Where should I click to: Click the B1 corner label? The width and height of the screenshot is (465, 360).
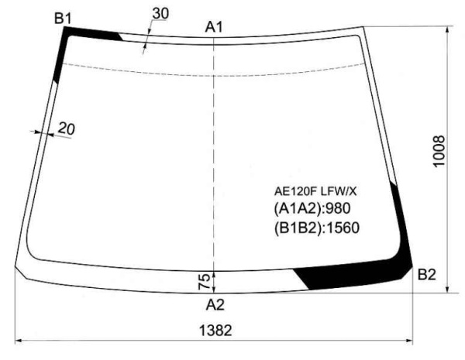(x=63, y=19)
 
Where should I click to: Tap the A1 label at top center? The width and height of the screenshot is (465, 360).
(x=214, y=27)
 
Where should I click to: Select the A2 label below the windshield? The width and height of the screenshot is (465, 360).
(x=215, y=304)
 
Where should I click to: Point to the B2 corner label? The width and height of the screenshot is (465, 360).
(x=427, y=275)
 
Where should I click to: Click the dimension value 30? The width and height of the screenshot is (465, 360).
(x=160, y=13)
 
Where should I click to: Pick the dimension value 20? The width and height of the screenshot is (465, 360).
(x=66, y=129)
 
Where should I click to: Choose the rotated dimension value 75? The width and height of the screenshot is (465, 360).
(x=204, y=282)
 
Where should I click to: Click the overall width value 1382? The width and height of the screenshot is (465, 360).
(x=215, y=331)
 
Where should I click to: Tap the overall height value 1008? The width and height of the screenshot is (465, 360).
(x=439, y=152)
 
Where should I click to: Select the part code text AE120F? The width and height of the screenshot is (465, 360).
(x=296, y=192)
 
